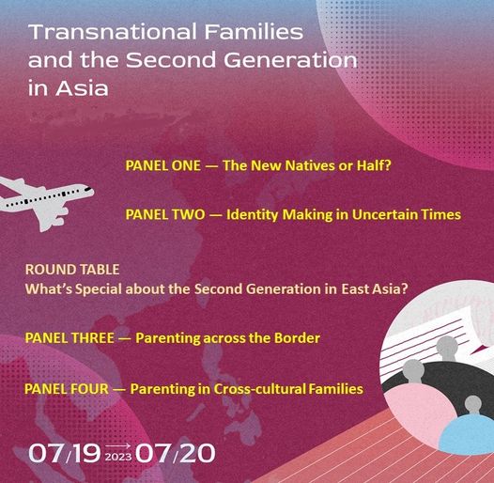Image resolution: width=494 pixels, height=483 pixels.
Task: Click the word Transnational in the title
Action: point(113,32)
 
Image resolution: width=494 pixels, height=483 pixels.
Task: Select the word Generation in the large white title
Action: point(290,60)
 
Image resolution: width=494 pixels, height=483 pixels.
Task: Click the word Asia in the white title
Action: point(82,88)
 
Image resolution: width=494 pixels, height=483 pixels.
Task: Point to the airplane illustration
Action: point(47,202)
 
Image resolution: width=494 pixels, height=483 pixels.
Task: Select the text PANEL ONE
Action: point(163,165)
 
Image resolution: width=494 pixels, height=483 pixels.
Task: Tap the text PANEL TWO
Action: point(165,214)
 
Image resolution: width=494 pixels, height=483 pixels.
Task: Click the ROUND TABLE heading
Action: point(72,270)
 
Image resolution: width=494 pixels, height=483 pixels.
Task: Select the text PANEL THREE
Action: point(69,338)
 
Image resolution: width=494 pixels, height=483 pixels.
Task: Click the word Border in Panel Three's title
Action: point(297,338)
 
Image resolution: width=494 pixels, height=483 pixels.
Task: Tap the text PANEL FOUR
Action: point(67,389)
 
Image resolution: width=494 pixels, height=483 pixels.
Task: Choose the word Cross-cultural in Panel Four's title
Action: point(259,389)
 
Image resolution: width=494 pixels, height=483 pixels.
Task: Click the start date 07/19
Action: point(65,453)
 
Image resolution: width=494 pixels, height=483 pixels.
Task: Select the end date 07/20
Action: point(176,453)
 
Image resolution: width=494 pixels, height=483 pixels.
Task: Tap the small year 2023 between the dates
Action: point(118,457)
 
